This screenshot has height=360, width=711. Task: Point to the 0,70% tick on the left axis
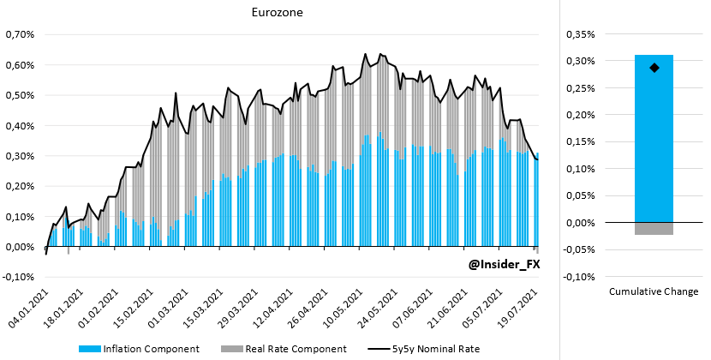19,35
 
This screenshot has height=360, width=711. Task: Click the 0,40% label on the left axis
19,126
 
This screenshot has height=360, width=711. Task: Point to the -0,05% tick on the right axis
579,250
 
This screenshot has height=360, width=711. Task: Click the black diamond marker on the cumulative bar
654,68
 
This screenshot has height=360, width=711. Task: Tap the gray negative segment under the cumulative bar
654,229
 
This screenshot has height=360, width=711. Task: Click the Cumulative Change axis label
654,292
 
